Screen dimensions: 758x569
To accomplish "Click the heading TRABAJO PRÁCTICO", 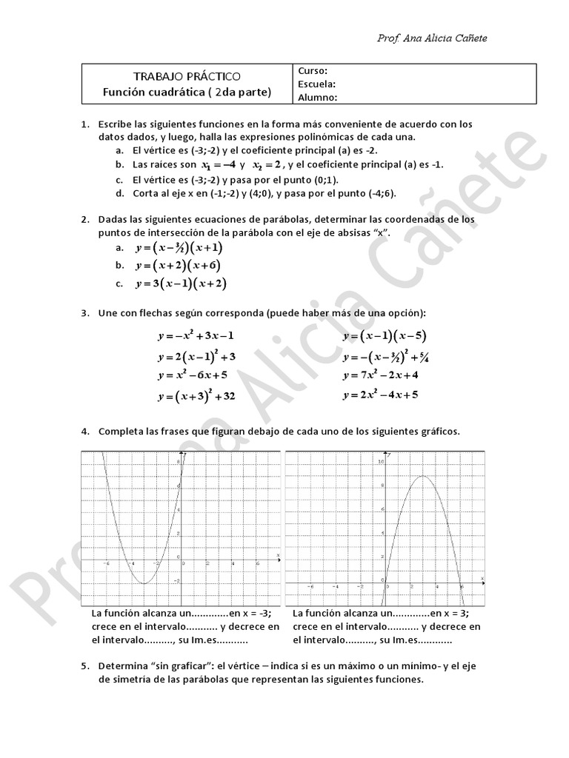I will pyautogui.click(x=186, y=76).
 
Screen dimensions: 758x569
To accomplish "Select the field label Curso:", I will pyautogui.click(x=313, y=71).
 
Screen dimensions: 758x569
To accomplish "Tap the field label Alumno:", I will pyautogui.click(x=318, y=97).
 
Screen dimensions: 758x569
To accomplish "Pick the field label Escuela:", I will pyautogui.click(x=317, y=84).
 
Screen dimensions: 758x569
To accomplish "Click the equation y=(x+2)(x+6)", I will pyautogui.click(x=178, y=266).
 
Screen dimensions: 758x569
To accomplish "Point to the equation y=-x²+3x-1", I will pyautogui.click(x=195, y=335).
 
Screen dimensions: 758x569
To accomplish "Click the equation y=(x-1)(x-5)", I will pyautogui.click(x=384, y=335).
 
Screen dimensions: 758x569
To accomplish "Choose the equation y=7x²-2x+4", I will pyautogui.click(x=380, y=375).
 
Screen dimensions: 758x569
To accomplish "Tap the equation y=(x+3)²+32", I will pyautogui.click(x=196, y=396).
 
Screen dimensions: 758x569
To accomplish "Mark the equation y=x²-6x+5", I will pyautogui.click(x=192, y=375).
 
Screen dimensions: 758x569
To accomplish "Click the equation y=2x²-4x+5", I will pyautogui.click(x=380, y=395).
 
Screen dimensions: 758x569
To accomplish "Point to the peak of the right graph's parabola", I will pyautogui.click(x=422, y=476).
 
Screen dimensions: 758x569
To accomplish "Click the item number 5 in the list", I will pyautogui.click(x=85, y=666).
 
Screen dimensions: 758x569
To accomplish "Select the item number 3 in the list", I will pyautogui.click(x=85, y=313).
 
